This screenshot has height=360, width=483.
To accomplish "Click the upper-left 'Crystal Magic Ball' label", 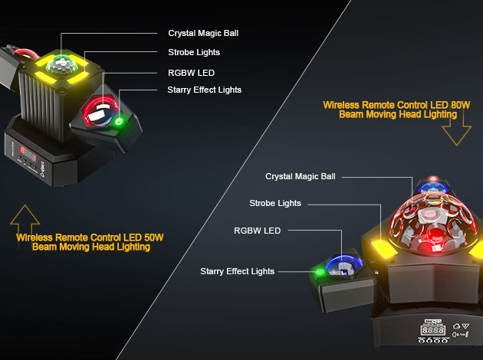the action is pos(203,33).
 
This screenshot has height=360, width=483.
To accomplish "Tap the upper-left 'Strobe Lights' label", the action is pos(194,52).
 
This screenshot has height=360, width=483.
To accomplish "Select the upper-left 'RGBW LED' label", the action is pos(191,73).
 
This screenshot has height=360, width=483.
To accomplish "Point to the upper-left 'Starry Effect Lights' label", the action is pos(204,90).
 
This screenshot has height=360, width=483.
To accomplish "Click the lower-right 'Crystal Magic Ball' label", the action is pos(301,177).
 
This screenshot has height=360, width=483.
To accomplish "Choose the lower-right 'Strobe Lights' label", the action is pos(275,204).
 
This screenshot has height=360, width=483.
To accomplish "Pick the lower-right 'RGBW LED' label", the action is pos(257,231).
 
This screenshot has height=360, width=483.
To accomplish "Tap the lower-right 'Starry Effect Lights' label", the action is pos(237,271).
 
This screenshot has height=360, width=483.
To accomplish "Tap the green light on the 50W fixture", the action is pos(118,121).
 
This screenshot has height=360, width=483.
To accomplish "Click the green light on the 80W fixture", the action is pos(320,272).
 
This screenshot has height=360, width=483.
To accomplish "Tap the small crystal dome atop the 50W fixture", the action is pos(61,64).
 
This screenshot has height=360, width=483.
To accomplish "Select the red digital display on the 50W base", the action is pos(28,153).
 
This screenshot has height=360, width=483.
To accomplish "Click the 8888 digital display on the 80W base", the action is pos(433,330).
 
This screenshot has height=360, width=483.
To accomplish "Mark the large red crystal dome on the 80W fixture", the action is pos(432,224).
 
